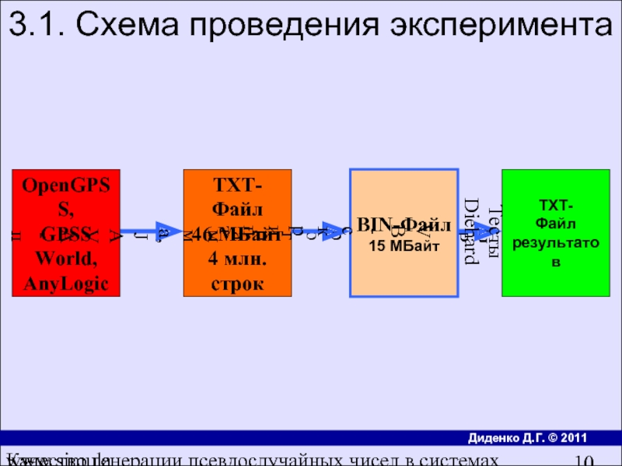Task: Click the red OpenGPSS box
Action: (x=66, y=233)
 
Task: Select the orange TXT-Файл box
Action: (x=237, y=233)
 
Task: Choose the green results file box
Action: (x=555, y=233)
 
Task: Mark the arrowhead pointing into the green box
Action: (x=485, y=231)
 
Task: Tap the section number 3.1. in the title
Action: (x=37, y=26)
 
